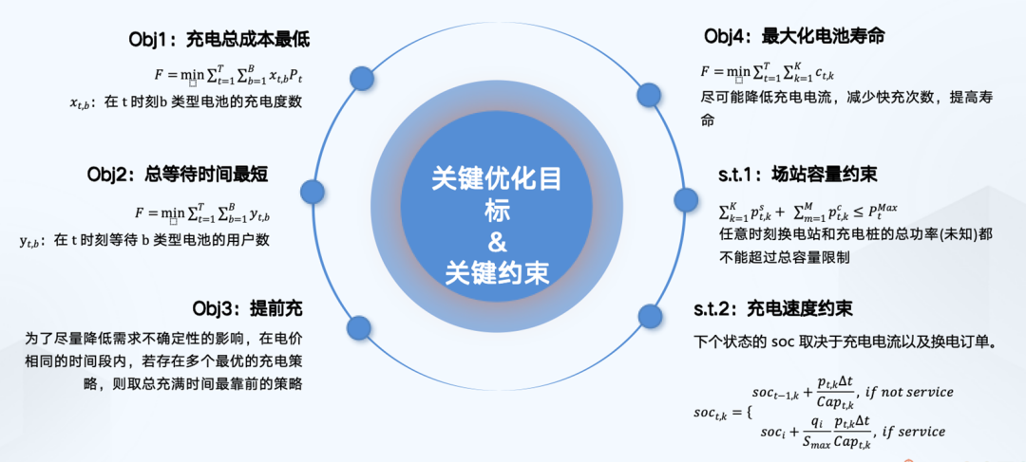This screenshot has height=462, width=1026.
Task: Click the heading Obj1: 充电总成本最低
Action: pos(218,40)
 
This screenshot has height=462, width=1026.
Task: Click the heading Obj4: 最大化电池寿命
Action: pos(795,36)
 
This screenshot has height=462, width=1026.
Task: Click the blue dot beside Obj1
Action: pos(360,78)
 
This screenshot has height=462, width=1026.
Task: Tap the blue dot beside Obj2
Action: pos(311,192)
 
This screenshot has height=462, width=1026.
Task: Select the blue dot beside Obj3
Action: pos(358,328)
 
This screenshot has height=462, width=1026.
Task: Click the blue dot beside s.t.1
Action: pos(686,199)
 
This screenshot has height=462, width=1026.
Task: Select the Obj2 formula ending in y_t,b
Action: pos(217,213)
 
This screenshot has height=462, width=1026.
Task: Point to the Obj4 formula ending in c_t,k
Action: pos(767,71)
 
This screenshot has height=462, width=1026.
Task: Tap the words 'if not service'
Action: pos(908,392)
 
